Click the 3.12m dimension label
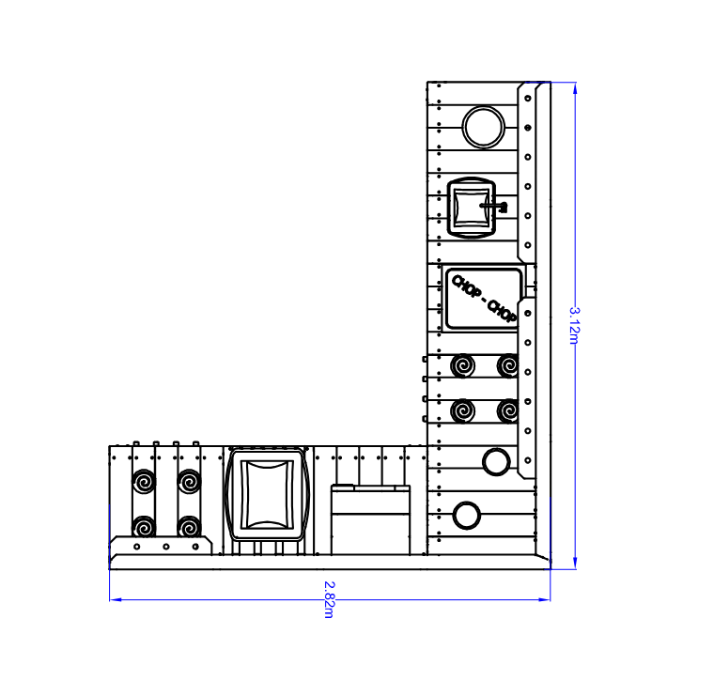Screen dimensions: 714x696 [x=574, y=326]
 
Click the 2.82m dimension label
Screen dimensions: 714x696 [x=329, y=599]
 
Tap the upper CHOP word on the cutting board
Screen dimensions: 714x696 [x=467, y=286]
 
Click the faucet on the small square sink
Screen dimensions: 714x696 [x=494, y=207]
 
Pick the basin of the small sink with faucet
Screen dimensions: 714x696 [x=472, y=208]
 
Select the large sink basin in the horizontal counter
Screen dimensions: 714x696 [x=268, y=494]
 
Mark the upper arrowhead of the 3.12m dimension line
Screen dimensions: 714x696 [x=575, y=88]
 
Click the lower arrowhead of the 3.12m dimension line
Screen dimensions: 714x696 [x=575, y=563]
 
